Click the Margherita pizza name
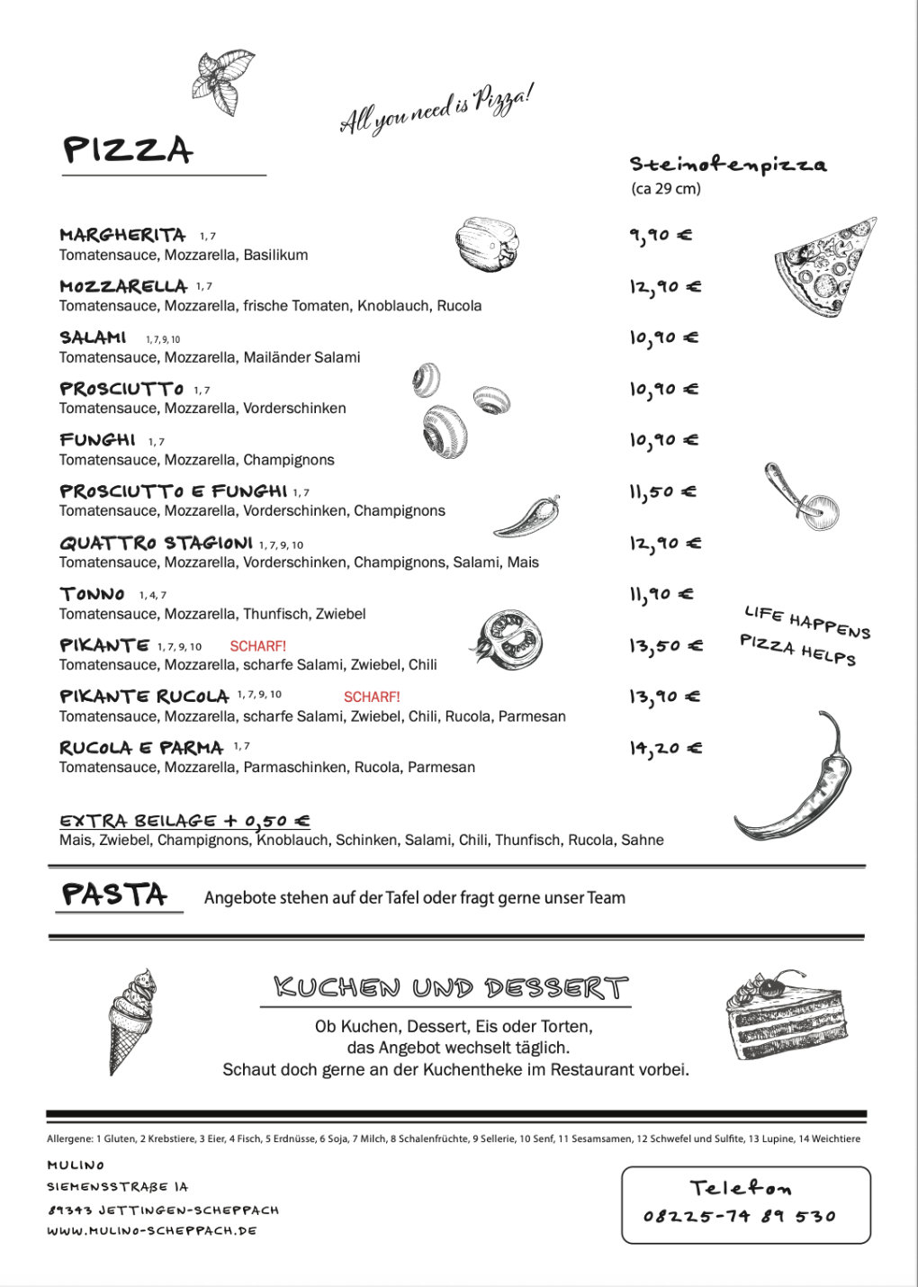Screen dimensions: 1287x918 122,235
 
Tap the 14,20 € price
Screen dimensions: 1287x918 665,748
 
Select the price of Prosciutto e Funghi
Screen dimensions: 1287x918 662,491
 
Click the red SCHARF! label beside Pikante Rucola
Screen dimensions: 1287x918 372,697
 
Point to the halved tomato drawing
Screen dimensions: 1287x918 508,640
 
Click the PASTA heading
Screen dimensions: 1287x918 115,895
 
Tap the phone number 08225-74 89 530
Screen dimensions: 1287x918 740,1217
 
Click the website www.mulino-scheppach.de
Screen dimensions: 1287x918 152,1230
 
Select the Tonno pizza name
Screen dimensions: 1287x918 92,594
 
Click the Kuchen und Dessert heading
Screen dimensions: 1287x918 451,987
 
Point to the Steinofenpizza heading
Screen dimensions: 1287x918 727,164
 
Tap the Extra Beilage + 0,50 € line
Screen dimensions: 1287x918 184,821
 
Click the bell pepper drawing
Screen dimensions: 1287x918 486,244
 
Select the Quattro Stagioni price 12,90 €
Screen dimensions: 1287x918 665,544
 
